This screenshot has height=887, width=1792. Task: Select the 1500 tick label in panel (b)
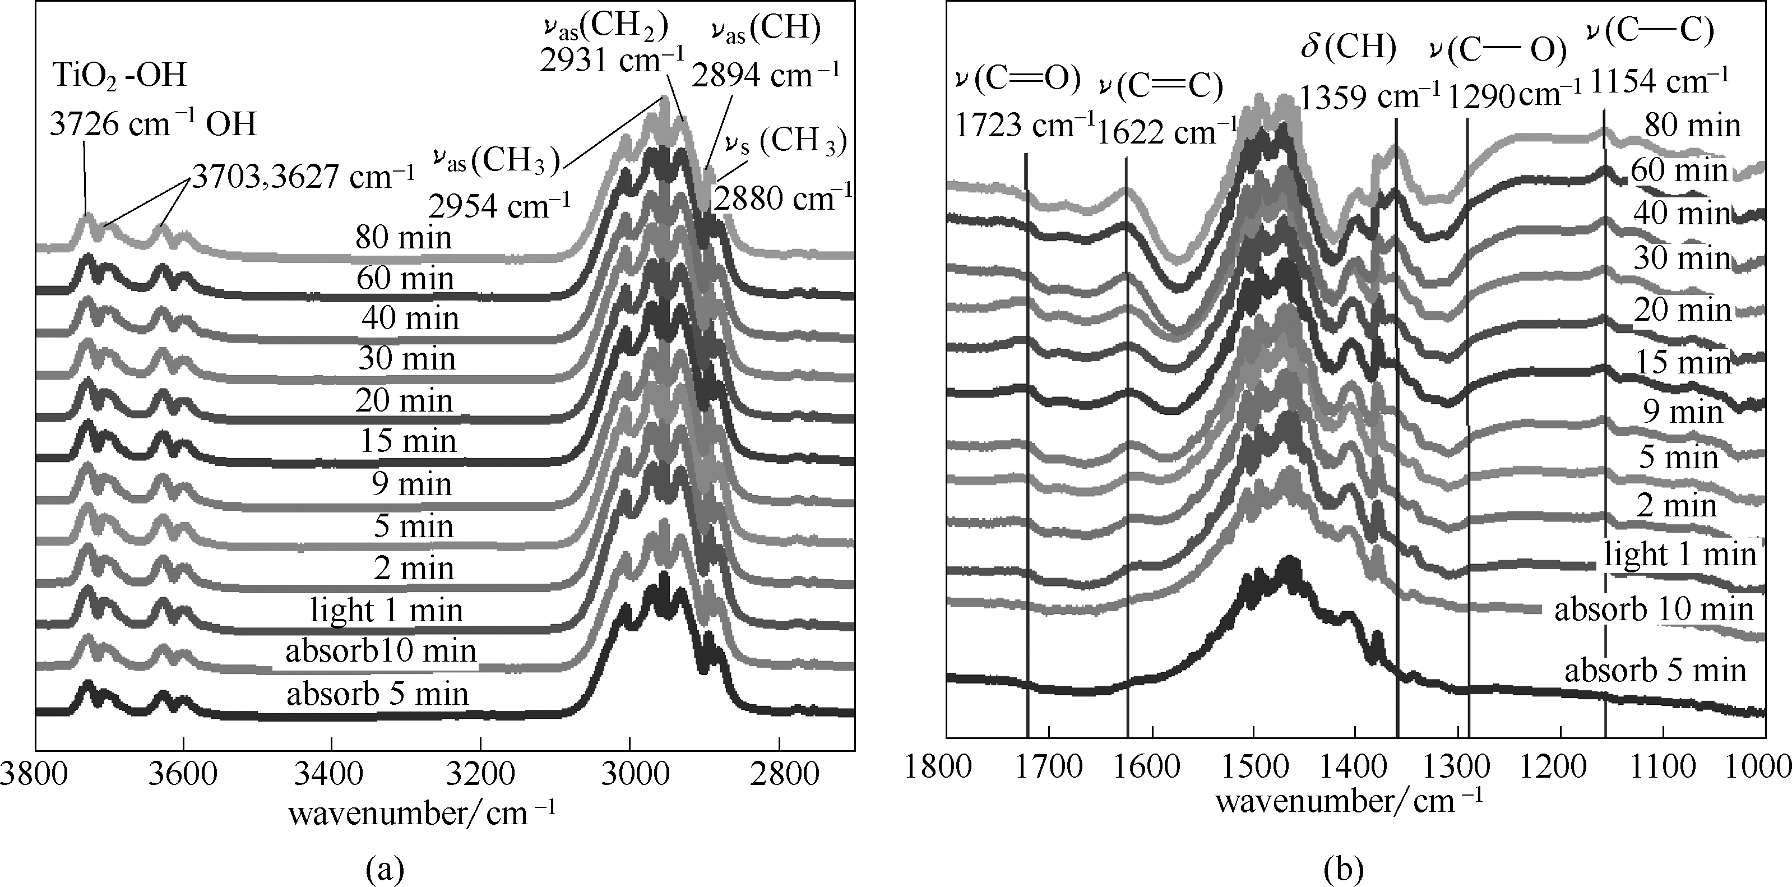click(1253, 766)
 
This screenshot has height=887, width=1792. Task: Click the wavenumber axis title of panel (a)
click(422, 812)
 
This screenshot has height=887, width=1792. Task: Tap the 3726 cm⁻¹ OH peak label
click(153, 124)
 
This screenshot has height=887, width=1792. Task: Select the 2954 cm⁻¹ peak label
click(499, 206)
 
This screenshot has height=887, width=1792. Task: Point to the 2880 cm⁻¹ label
click(782, 199)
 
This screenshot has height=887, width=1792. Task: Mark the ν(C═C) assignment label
click(1160, 86)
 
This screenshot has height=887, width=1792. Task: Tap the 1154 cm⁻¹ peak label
click(1659, 81)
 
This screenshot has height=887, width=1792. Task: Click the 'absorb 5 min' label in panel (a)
click(378, 694)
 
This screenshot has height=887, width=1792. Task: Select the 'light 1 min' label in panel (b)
click(1680, 555)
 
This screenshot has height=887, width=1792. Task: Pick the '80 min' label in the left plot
click(404, 238)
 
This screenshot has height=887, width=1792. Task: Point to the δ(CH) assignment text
click(1348, 47)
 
